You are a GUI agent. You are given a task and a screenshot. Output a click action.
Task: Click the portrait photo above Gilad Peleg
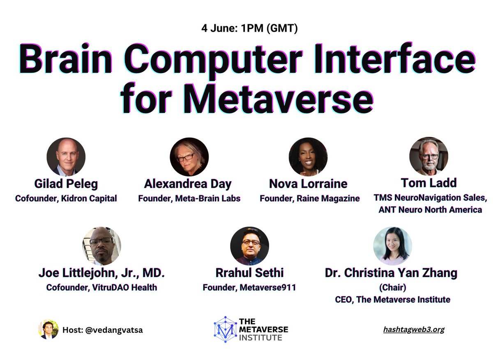66,157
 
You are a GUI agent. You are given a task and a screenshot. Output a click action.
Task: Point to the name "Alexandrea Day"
188,184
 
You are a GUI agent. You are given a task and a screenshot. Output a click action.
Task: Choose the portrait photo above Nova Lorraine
308,157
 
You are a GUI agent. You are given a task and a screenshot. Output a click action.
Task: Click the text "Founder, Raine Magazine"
309,198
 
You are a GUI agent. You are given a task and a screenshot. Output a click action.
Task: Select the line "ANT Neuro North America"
430,210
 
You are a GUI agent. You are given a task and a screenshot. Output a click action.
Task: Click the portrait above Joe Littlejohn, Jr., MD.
101,246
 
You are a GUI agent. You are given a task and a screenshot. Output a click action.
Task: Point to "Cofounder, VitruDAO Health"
101,287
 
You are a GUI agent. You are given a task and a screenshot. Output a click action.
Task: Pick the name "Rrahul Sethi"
249,273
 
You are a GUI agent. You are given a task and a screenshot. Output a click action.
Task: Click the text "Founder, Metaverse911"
249,287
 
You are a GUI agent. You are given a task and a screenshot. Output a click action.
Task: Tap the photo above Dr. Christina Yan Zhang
392,246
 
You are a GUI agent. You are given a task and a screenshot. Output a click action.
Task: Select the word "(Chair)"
392,287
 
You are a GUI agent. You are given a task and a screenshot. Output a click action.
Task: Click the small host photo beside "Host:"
48,330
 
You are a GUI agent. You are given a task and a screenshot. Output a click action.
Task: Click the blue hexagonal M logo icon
226,329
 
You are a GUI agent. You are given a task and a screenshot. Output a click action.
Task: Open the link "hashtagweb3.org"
413,329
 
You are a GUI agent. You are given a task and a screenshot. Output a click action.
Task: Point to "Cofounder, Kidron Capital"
66,198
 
